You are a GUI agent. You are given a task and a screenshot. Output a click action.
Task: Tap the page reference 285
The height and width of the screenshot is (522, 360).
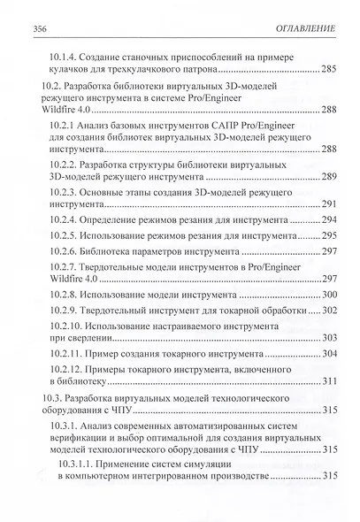pyautogui.click(x=328, y=69)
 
